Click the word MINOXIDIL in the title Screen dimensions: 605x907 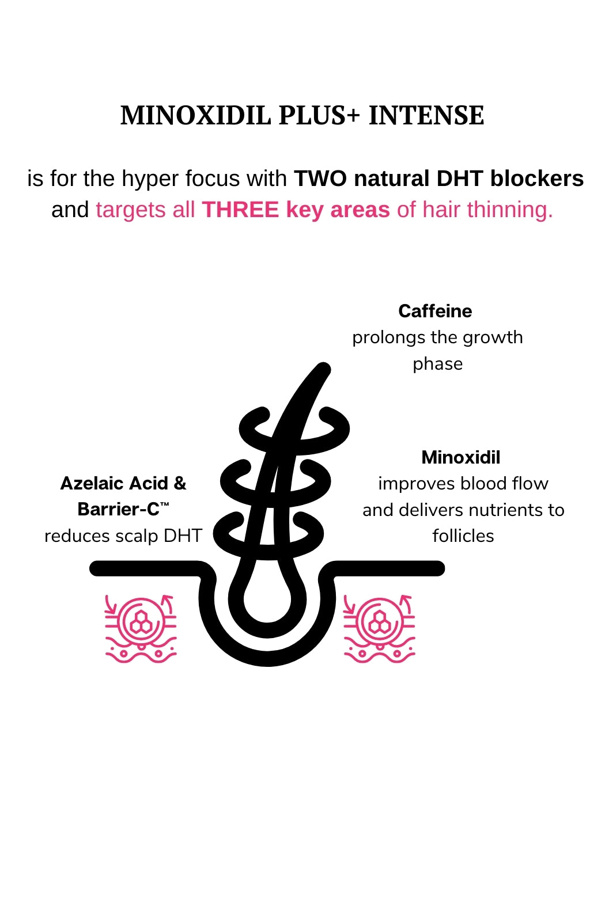click(196, 115)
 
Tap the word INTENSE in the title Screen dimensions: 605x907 click(426, 115)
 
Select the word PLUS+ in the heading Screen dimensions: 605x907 click(319, 115)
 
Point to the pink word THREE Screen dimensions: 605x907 click(240, 210)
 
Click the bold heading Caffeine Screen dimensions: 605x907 click(435, 312)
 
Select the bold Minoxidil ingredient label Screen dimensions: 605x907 click(461, 458)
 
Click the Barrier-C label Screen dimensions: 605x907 click(119, 510)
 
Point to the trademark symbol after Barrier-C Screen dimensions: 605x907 click(165, 504)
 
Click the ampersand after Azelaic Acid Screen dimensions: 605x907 click(180, 484)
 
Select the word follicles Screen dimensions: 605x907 click(463, 536)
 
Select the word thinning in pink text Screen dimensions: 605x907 click(510, 210)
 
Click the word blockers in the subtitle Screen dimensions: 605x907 click(537, 179)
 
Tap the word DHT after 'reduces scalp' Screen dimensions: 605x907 click(183, 536)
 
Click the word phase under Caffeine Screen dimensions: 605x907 click(438, 364)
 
